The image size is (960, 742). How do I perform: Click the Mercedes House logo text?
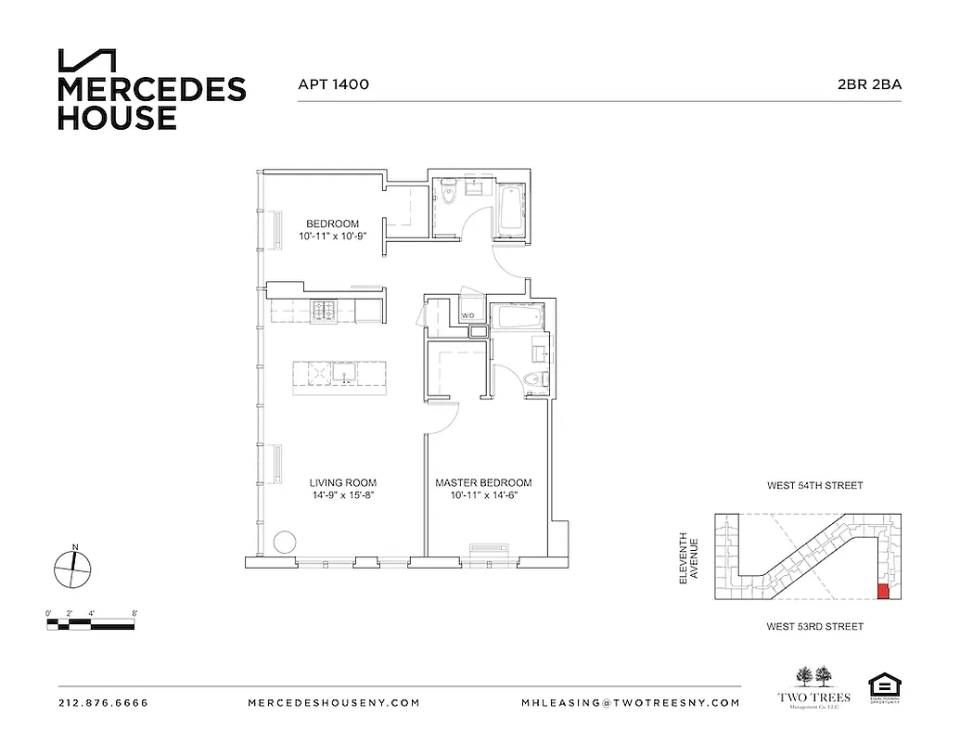pos(151,103)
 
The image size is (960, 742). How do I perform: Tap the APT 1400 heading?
pos(333,84)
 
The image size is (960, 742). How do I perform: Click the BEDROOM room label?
pos(333,224)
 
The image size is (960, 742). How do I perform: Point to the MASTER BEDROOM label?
pos(483,483)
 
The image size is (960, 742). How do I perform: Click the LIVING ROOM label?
pos(342,483)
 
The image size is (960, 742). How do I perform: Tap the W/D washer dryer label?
pos(468,317)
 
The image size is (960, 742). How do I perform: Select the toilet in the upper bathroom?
pos(447,196)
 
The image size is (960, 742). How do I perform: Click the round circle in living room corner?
pos(286,541)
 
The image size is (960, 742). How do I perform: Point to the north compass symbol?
pos(72,568)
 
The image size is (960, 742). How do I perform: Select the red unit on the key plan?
pos(882,592)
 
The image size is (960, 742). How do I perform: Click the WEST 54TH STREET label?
pos(814,485)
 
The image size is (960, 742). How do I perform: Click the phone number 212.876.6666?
pos(103,703)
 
